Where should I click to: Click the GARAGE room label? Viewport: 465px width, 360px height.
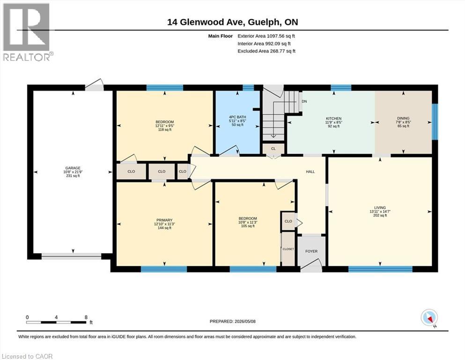(x=73, y=168)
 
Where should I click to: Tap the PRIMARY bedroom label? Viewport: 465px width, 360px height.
(x=164, y=220)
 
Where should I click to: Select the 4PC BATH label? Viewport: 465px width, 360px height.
(x=237, y=117)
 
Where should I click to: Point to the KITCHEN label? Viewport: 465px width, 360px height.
(x=333, y=119)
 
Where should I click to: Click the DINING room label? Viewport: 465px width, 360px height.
(x=403, y=118)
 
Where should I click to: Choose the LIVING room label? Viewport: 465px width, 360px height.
(x=380, y=208)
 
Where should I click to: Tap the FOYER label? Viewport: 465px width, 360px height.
(x=311, y=251)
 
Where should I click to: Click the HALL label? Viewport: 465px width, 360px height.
(x=310, y=172)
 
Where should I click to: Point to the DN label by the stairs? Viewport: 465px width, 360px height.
(x=304, y=101)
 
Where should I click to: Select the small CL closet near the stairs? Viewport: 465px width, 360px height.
(x=273, y=149)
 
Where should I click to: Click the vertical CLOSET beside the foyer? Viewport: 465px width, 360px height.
(x=288, y=249)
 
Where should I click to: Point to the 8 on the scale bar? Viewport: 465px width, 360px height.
(x=86, y=317)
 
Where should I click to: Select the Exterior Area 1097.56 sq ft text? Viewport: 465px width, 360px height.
(x=266, y=36)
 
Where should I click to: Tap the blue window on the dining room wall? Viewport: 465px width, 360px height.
(x=435, y=121)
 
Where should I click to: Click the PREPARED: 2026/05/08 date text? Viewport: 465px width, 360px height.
(x=232, y=322)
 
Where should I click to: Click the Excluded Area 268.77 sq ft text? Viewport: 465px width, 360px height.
(x=266, y=51)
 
